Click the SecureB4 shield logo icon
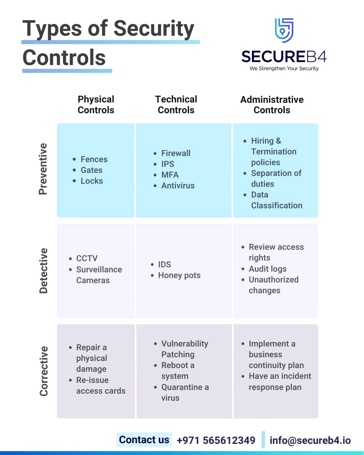pos(284,30)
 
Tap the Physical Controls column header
pos(96,104)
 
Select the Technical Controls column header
pos(176,104)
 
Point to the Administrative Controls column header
pos(272,105)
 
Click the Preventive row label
pos(43,169)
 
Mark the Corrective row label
pos(44,371)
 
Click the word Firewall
pos(176,153)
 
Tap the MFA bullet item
pos(170,175)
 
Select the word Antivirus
pos(178,186)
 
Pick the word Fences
pos(94,159)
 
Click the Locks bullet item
pos(92,181)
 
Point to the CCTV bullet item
pos(87,259)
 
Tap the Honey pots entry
pos(179,275)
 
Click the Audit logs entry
pos(268,269)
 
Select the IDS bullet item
pos(164,265)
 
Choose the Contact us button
pos(144,440)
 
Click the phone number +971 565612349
pos(216,441)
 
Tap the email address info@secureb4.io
pos(310,441)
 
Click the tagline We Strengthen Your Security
pos(284,68)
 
